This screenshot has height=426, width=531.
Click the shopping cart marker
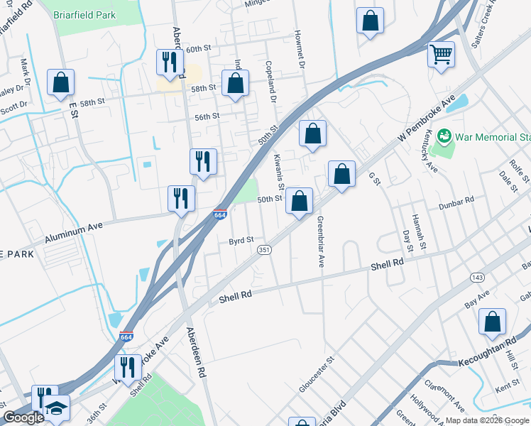point(441,54)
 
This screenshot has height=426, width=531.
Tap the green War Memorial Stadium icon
point(444,135)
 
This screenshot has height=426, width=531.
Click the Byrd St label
point(241,241)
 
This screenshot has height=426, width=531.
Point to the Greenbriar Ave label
point(320,241)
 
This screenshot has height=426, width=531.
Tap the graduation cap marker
point(56,408)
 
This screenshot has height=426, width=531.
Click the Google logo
point(23,417)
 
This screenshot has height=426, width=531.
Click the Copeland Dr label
point(271,80)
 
